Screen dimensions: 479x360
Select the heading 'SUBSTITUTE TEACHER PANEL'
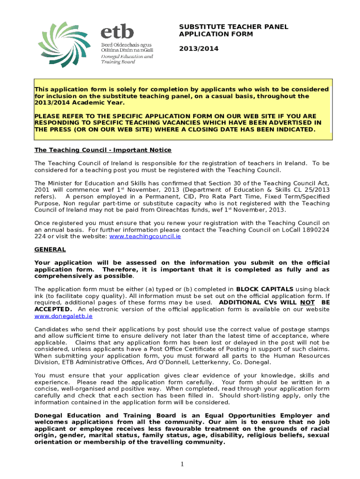[x=233, y=27]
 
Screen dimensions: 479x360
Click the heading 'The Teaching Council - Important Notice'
[x=103, y=150]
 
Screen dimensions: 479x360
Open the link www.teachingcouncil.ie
[x=145, y=237]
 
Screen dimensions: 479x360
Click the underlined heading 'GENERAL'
[x=50, y=250]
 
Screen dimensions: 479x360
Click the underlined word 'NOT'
[x=307, y=303]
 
